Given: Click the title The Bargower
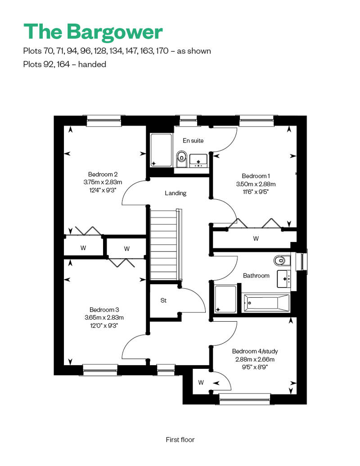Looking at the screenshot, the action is point(93,32).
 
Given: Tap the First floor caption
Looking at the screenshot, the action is point(180,439).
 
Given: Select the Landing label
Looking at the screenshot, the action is point(175,193).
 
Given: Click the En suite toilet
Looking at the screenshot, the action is point(181,159).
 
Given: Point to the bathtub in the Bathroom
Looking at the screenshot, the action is point(266,303).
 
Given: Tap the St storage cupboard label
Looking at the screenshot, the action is point(163,300).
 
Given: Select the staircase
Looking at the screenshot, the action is point(165,244).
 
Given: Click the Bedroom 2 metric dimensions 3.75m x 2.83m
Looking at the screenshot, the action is point(103,182).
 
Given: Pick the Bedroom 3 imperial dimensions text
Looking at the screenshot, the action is point(104,326).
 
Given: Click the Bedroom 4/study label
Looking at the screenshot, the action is point(255,351).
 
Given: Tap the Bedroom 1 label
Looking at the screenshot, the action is point(256,176).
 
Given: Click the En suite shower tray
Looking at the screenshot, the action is point(161,150).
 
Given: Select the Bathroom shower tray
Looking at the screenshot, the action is point(225,299).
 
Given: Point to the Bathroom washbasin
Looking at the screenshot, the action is point(283,279).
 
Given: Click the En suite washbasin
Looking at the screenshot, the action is point(198,161).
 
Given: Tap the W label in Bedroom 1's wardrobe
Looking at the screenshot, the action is point(256,238).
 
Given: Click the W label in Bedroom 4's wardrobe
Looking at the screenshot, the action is point(201,382).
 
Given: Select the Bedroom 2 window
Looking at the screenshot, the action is point(104,121).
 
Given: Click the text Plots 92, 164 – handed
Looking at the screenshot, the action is point(64,64).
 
